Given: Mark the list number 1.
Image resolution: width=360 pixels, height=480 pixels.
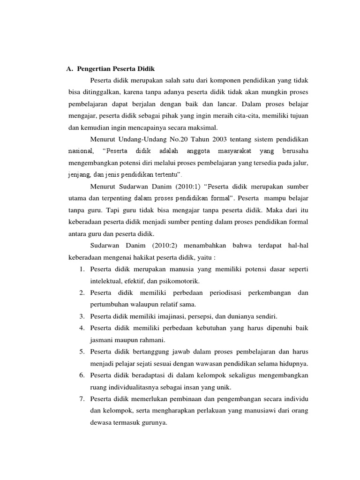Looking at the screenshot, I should pyautogui.click(x=81, y=269).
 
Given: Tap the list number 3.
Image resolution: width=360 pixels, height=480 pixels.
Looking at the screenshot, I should pyautogui.click(x=81, y=316).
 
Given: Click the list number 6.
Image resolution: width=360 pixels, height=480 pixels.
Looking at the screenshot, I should pyautogui.click(x=81, y=375).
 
